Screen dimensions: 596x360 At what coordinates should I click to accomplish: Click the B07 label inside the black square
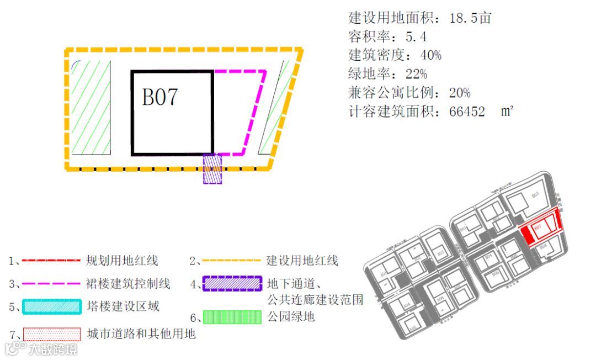[x=160, y=97]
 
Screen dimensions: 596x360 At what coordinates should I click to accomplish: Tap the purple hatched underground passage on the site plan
[x=212, y=168]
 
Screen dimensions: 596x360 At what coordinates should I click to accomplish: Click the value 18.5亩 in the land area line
[x=470, y=18]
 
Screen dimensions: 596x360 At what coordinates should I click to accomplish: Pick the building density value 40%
[x=430, y=55]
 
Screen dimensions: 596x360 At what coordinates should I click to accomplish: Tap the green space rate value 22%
[x=416, y=74]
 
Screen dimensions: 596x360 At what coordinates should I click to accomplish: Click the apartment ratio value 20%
[x=459, y=93]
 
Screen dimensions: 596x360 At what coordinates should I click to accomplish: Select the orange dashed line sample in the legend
[x=231, y=260]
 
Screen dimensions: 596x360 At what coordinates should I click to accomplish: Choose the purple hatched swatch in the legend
[x=232, y=284]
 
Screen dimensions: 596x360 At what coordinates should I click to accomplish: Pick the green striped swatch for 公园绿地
[x=232, y=317]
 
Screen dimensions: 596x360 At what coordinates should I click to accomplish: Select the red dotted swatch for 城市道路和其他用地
[x=51, y=334]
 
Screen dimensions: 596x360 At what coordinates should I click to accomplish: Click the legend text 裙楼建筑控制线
[x=129, y=284]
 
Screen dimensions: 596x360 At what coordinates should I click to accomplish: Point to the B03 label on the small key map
[x=534, y=195]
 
